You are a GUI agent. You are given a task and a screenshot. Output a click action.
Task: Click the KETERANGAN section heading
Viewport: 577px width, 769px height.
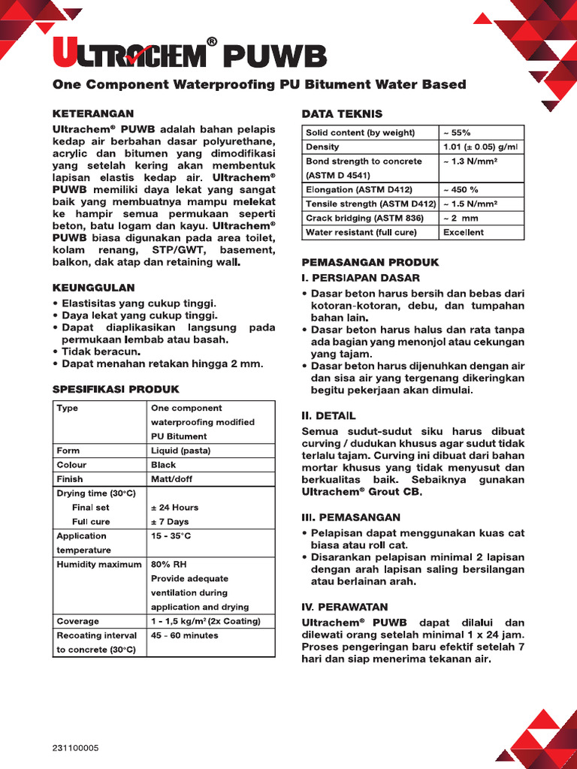coord(92,113)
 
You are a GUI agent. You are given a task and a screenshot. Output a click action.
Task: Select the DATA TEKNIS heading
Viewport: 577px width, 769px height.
coord(342,113)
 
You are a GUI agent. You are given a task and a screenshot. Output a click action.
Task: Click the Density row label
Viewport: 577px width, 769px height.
coord(322,147)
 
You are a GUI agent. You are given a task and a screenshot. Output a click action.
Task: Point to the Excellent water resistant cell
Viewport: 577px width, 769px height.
coord(464,233)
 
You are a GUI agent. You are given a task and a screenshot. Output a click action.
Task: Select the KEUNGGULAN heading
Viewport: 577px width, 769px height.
coord(93,288)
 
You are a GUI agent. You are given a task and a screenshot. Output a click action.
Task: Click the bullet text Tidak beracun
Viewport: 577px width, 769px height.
coord(101,351)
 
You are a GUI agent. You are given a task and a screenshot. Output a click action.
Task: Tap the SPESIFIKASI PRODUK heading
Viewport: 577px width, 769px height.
coord(116,389)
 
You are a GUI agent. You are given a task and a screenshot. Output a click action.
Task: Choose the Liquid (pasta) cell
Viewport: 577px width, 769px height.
coord(180,451)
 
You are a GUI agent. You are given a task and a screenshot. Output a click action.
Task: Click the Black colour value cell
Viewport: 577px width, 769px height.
coord(164,465)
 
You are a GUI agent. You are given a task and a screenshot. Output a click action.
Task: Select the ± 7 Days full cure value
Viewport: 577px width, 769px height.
coord(170,522)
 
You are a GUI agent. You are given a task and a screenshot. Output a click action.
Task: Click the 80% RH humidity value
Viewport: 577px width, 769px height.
coord(168,565)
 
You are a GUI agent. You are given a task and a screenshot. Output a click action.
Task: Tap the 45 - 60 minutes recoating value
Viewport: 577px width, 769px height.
coord(185,635)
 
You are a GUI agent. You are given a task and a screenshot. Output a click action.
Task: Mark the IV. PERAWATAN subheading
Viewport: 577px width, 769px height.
coord(345,607)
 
